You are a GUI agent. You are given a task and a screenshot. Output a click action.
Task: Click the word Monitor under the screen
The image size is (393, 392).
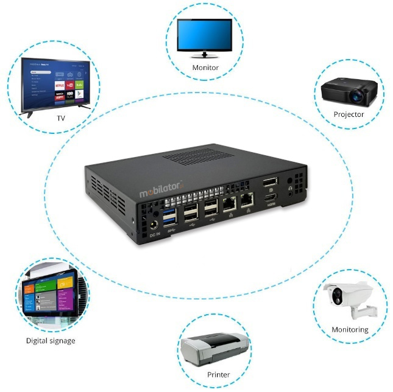point(205,68)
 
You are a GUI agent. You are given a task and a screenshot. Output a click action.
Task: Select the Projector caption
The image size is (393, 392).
point(349,114)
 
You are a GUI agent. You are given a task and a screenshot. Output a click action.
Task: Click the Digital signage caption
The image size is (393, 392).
point(51,341)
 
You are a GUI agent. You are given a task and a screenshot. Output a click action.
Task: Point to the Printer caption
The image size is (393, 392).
point(218,374)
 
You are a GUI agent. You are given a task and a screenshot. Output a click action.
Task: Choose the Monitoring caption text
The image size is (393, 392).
point(350,330)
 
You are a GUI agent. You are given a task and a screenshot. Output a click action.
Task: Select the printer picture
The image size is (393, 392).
point(214,349)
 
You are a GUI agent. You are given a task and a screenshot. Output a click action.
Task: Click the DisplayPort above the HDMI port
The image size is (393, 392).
point(269,183)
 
